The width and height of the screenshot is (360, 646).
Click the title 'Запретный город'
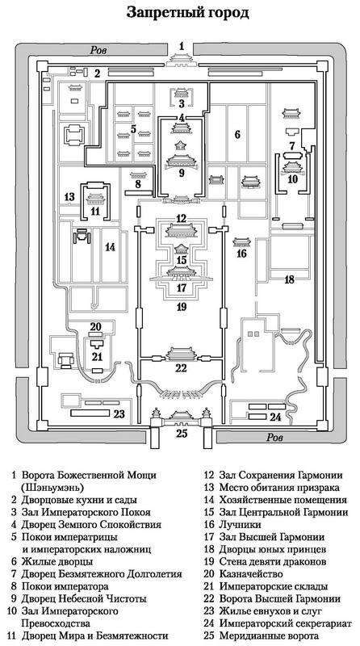click(x=188, y=13)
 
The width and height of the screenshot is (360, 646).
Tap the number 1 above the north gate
click(x=182, y=46)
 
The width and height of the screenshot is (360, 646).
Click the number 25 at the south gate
click(x=182, y=433)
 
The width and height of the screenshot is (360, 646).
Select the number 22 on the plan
click(x=182, y=368)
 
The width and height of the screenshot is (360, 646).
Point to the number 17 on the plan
click(x=182, y=287)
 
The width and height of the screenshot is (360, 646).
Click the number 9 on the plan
click(x=182, y=173)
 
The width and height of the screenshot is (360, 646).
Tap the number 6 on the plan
click(x=237, y=134)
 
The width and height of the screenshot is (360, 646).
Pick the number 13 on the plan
click(x=69, y=196)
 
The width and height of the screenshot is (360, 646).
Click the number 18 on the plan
click(x=289, y=279)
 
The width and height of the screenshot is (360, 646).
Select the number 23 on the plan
click(x=119, y=414)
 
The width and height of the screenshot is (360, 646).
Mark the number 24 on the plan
click(x=275, y=417)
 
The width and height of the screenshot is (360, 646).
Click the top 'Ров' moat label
click(x=98, y=50)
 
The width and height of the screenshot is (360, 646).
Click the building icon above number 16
click(x=242, y=241)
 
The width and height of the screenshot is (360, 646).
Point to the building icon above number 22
click(x=182, y=354)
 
